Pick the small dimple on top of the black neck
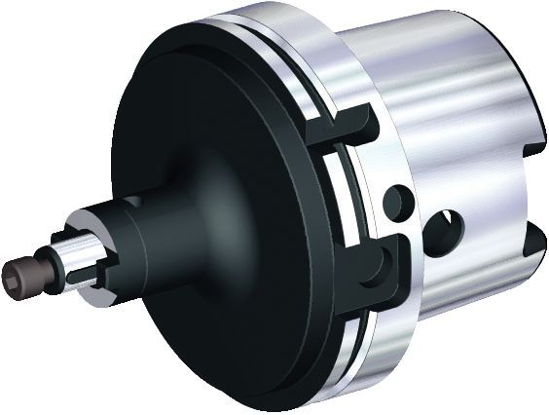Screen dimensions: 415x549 136,200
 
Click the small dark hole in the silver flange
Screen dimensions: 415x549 398,202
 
